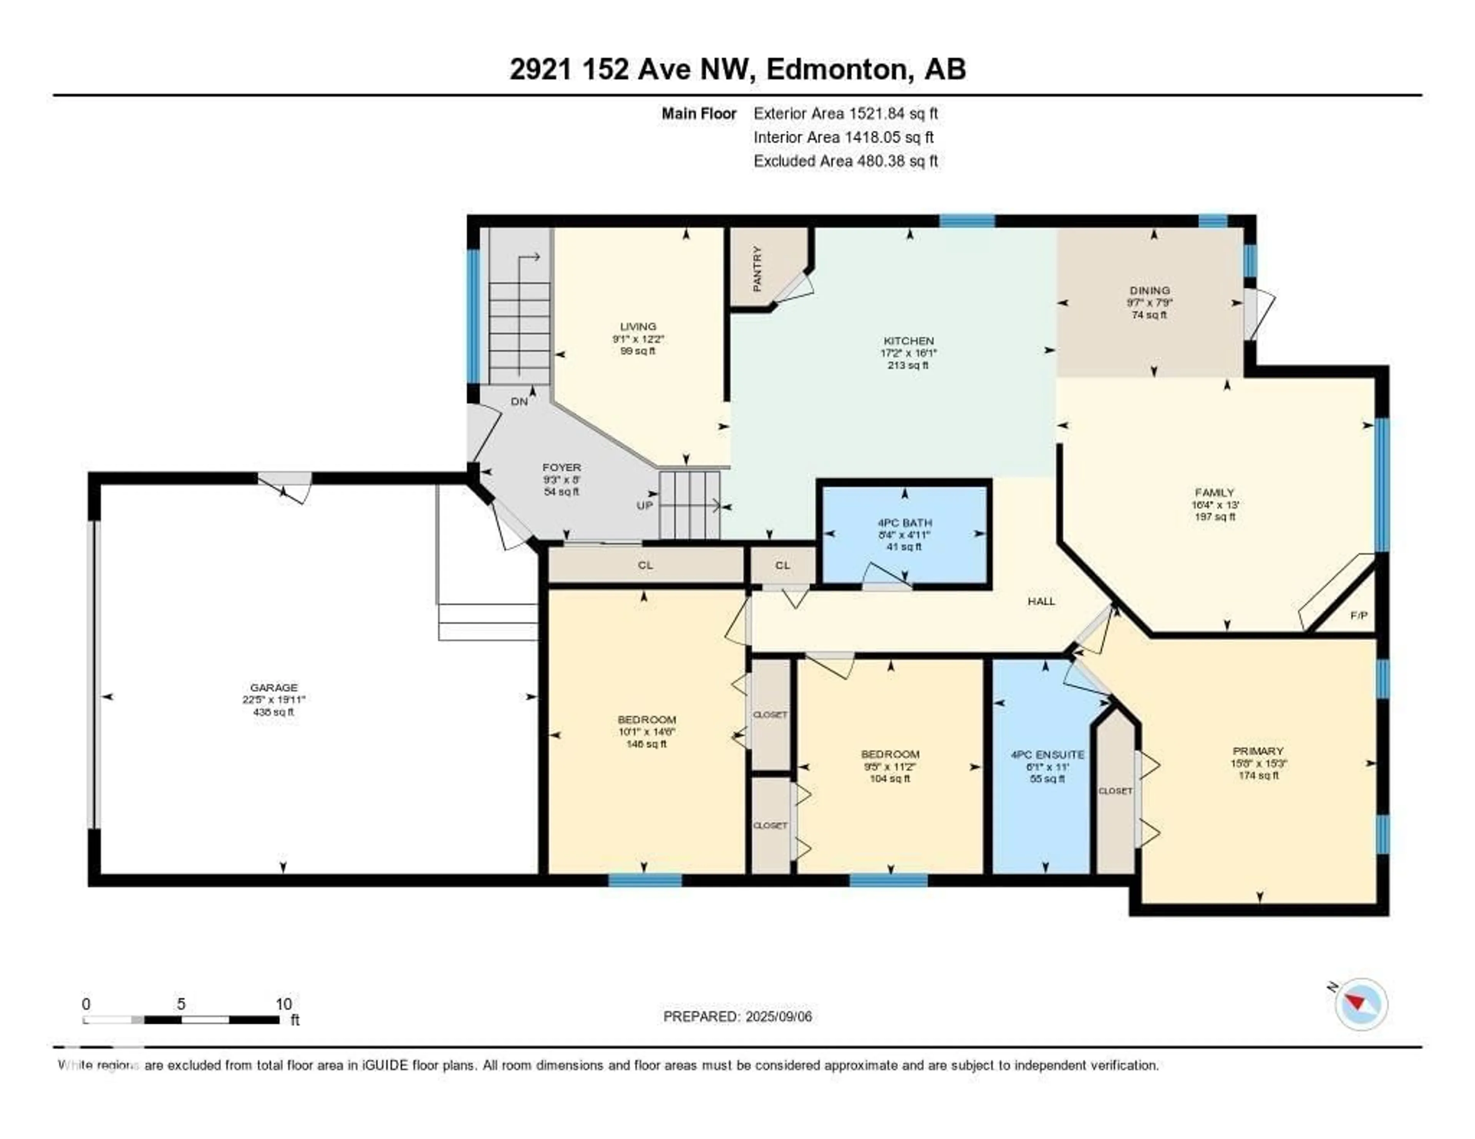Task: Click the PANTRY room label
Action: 757,269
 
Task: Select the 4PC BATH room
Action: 904,523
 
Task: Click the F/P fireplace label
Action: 1359,616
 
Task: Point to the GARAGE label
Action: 273,687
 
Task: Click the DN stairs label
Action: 519,402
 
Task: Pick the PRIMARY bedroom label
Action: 1258,751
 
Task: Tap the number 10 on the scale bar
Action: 283,1004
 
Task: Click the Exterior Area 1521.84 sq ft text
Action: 845,113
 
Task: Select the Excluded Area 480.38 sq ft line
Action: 845,161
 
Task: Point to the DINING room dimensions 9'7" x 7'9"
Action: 1150,303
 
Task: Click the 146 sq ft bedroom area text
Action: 646,744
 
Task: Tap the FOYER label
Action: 561,467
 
